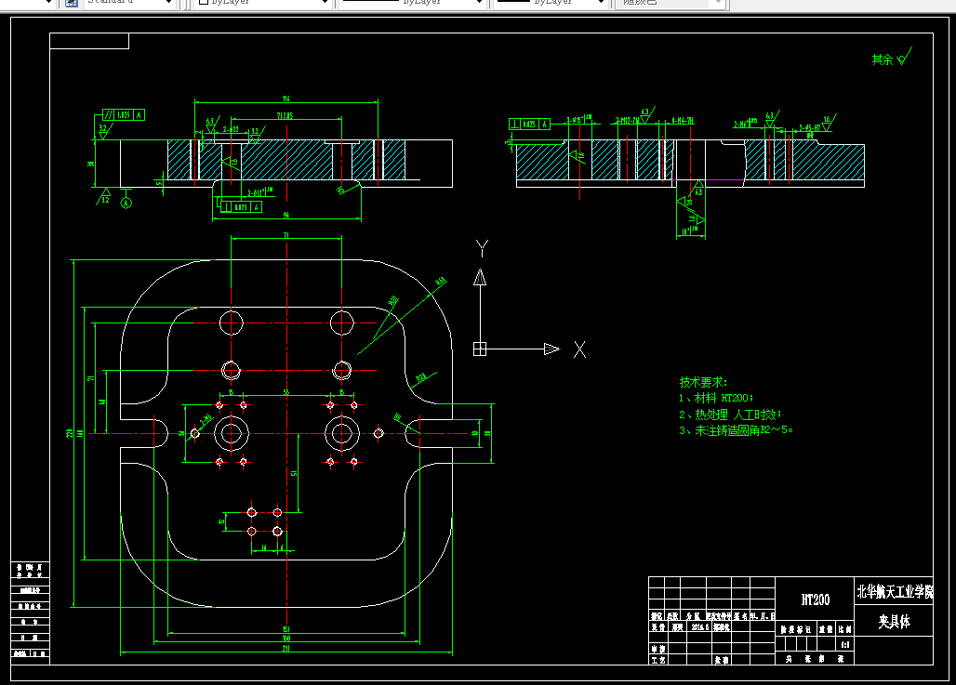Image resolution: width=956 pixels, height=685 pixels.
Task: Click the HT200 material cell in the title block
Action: coord(815,599)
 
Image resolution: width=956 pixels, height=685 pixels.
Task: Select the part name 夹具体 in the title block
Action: coord(893,622)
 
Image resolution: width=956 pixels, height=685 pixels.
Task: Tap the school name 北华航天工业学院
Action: coord(894,591)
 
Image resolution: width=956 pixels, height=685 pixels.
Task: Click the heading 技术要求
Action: coord(704,382)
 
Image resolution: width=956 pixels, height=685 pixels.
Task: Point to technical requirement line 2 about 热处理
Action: coord(731,414)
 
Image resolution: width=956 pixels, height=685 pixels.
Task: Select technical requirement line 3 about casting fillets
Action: coord(739,430)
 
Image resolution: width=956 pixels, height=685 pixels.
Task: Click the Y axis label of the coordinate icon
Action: coord(482,248)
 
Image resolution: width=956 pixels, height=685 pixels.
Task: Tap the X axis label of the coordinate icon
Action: coord(579,349)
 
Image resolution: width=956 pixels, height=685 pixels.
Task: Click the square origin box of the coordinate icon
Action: coord(480,349)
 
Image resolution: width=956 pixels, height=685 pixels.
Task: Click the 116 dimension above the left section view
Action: coord(285,99)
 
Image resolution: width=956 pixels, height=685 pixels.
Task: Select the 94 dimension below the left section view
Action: coord(285,215)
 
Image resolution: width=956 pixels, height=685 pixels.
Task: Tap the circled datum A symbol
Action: coord(128,201)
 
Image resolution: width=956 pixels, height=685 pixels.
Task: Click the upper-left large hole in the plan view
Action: coord(231,323)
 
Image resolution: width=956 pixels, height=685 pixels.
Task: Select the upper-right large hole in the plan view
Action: coord(341,323)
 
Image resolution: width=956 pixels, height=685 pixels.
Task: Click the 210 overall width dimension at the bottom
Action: coord(285,649)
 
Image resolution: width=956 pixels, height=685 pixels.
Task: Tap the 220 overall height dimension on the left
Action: coord(70,433)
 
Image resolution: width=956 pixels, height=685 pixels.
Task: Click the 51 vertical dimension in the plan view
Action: coord(295,472)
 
